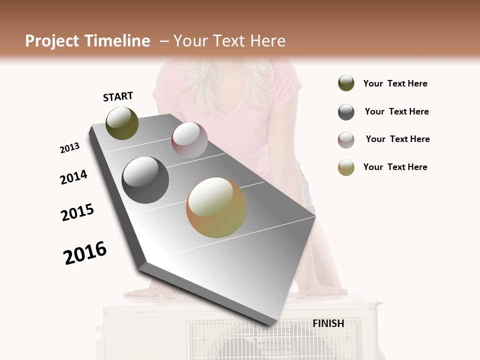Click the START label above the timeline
pos(118,96)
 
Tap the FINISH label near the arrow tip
pos(328,323)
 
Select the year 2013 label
pos(69,148)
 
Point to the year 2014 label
pos(73,177)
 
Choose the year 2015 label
pos(77,212)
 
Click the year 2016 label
pos(85,252)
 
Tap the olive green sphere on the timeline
pos(122,123)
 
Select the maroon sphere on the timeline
pos(189,140)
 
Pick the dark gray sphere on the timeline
pos(145,180)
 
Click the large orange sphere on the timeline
pos(216,207)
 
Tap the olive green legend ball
pos(346,83)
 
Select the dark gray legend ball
pos(346,111)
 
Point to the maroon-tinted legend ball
pos(346,139)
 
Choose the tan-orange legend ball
pos(346,167)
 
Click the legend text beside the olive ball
pos(395,83)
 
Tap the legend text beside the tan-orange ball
pos(395,167)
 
